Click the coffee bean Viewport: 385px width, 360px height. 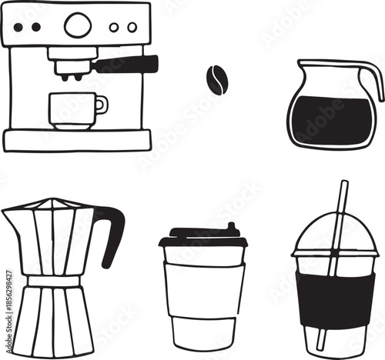(216, 80)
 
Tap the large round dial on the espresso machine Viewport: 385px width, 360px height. (77, 25)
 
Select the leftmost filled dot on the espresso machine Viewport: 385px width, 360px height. (18, 27)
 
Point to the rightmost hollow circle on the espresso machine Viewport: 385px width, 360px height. (132, 27)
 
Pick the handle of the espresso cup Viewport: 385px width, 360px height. (102, 104)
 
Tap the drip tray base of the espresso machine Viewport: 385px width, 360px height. (77, 139)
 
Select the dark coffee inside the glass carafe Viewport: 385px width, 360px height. (331, 120)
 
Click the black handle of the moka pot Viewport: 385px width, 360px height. (111, 231)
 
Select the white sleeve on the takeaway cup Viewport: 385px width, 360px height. (204, 288)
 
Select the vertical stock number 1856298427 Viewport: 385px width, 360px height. (7, 300)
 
